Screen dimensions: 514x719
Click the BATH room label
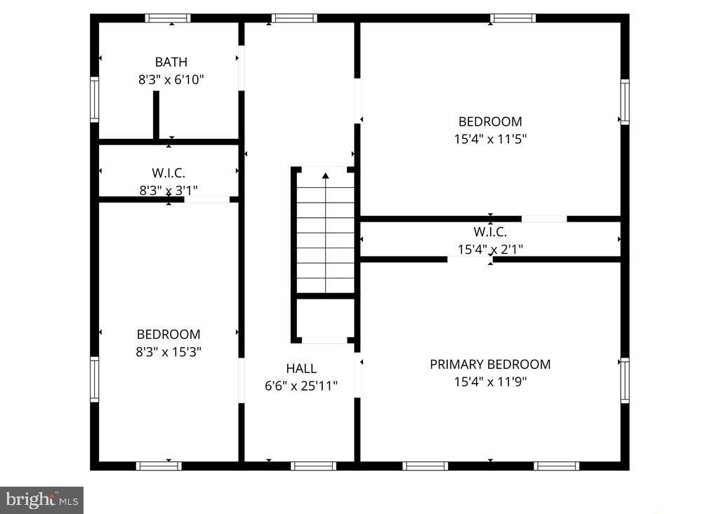[x=171, y=62]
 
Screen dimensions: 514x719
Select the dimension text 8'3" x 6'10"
[x=171, y=80]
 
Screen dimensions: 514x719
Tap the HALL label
[x=301, y=368]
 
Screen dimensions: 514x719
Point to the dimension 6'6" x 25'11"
[x=301, y=386]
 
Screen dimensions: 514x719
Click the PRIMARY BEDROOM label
[x=490, y=364]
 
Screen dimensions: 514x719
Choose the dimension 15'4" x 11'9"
[x=490, y=382]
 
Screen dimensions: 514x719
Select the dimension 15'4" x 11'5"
[x=490, y=139]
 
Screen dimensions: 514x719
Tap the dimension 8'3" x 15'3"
[x=169, y=352]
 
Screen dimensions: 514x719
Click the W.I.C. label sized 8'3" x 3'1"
[x=169, y=173]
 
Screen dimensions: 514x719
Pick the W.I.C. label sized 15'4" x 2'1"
[x=490, y=231]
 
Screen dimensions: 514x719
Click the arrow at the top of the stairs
[x=325, y=175]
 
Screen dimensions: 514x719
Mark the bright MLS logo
[x=42, y=500]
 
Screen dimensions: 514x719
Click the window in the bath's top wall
[x=168, y=18]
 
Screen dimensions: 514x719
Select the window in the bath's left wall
[x=94, y=100]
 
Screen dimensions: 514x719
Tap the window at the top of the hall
[x=294, y=18]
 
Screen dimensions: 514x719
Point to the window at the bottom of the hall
[x=313, y=466]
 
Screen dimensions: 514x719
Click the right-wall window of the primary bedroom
[x=624, y=380]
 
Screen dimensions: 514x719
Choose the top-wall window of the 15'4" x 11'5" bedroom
[x=513, y=18]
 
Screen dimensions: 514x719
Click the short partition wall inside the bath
[x=156, y=115]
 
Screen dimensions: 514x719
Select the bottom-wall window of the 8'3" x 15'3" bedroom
[x=159, y=466]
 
